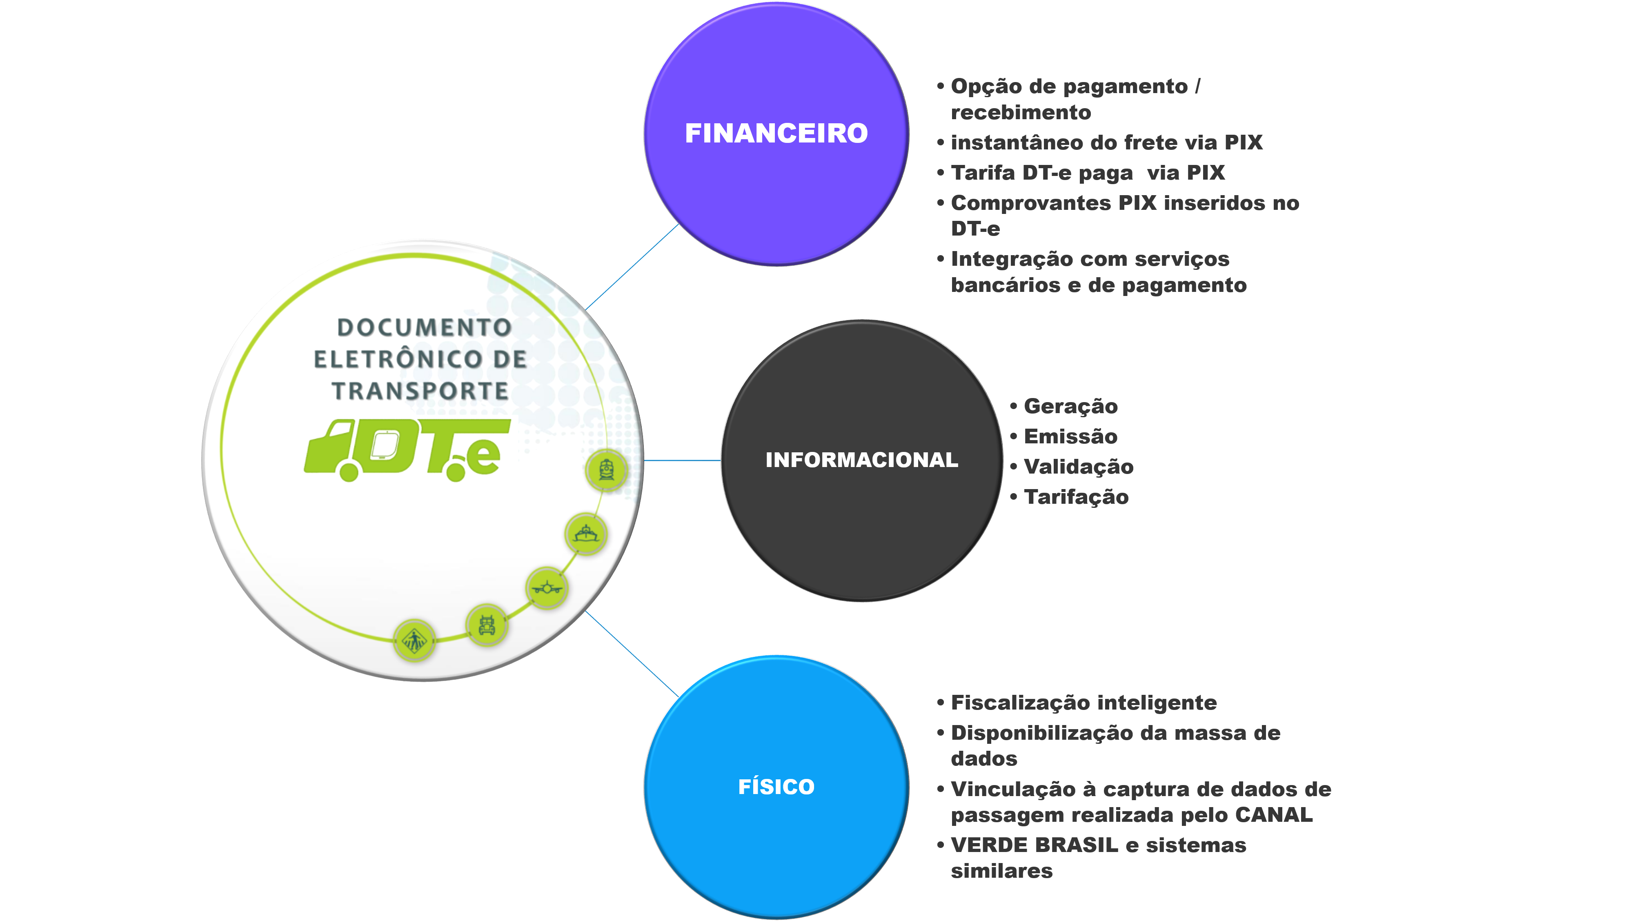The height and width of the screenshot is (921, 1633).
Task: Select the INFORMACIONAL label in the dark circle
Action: [x=861, y=460]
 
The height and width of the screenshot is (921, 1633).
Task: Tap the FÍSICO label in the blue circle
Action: [x=776, y=787]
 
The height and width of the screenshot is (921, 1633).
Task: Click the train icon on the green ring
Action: [x=606, y=470]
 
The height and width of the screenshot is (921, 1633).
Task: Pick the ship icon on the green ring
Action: [x=586, y=534]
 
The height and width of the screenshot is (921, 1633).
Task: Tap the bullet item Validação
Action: [x=1078, y=467]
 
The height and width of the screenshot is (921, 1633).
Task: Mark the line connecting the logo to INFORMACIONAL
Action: [x=682, y=460]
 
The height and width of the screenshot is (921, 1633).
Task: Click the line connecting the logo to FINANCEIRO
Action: [x=632, y=267]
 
